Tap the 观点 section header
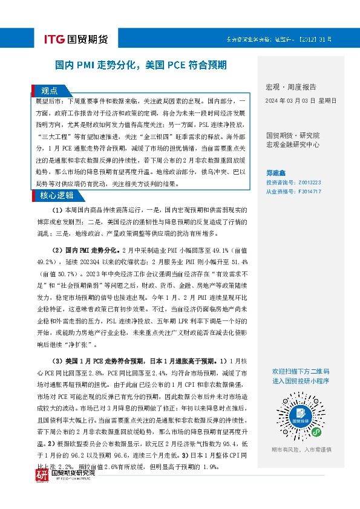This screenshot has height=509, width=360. (50, 91)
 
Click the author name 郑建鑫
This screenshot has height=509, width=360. (277, 172)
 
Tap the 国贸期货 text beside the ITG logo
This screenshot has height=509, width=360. (89, 40)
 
